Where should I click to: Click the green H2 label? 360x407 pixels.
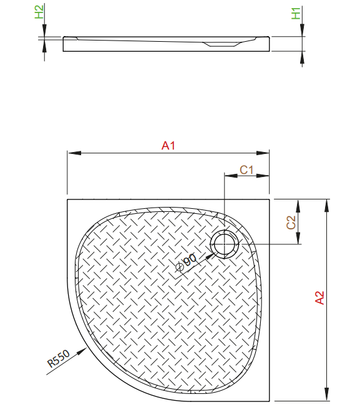point(39,12)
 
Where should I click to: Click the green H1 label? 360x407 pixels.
point(296,14)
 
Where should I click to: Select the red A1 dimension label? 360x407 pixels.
point(168,146)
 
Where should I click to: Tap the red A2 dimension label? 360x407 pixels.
point(319,297)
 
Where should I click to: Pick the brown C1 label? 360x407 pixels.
point(246,170)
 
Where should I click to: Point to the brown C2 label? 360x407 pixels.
point(291,223)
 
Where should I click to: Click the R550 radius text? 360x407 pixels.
point(59,358)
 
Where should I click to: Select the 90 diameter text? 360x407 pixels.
point(190,260)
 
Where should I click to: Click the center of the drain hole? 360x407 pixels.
point(225,244)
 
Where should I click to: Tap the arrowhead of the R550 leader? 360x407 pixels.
point(82,351)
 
